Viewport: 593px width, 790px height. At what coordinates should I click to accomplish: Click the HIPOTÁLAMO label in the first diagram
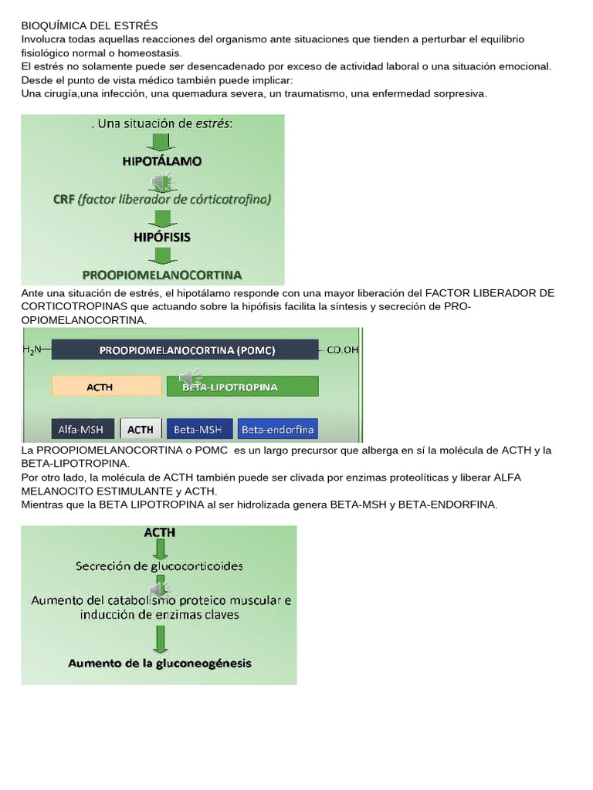[161, 161]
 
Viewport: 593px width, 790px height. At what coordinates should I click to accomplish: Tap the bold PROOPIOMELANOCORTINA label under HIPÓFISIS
[161, 274]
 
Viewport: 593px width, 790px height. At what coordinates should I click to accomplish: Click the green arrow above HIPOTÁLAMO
[161, 142]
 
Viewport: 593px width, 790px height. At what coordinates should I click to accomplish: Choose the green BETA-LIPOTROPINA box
[242, 387]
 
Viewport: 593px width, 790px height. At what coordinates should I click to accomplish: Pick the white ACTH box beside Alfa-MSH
[141, 429]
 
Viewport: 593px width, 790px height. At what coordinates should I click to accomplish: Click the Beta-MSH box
[198, 429]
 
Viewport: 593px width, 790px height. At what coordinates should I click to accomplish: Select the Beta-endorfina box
[277, 429]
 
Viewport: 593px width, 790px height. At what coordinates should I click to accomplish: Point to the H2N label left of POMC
[33, 350]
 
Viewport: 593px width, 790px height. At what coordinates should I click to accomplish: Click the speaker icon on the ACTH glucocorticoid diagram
[159, 590]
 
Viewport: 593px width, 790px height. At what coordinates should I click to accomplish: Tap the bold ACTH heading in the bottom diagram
[159, 532]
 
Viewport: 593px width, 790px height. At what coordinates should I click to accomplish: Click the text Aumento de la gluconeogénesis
[159, 663]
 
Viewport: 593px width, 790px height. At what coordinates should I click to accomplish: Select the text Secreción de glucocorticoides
[159, 565]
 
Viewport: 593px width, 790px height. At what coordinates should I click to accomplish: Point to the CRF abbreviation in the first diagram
[63, 199]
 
